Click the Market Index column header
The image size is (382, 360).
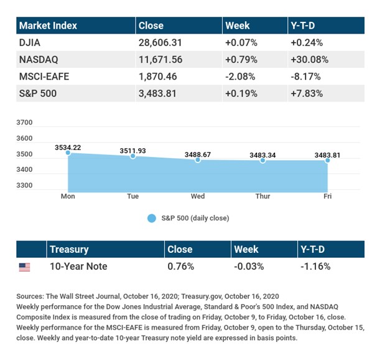tap(49, 26)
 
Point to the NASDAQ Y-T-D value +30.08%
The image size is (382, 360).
tap(309, 61)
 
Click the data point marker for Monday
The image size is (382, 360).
tap(67, 153)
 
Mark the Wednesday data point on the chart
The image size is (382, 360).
tap(198, 160)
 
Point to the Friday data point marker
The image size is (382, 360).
tap(328, 160)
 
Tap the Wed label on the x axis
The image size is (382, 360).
tap(198, 196)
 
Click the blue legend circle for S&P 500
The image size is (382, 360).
tap(152, 219)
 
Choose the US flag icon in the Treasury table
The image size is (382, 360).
tap(24, 267)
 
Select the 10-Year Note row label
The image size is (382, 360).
tap(78, 267)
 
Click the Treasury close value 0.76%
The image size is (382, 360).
tap(180, 267)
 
